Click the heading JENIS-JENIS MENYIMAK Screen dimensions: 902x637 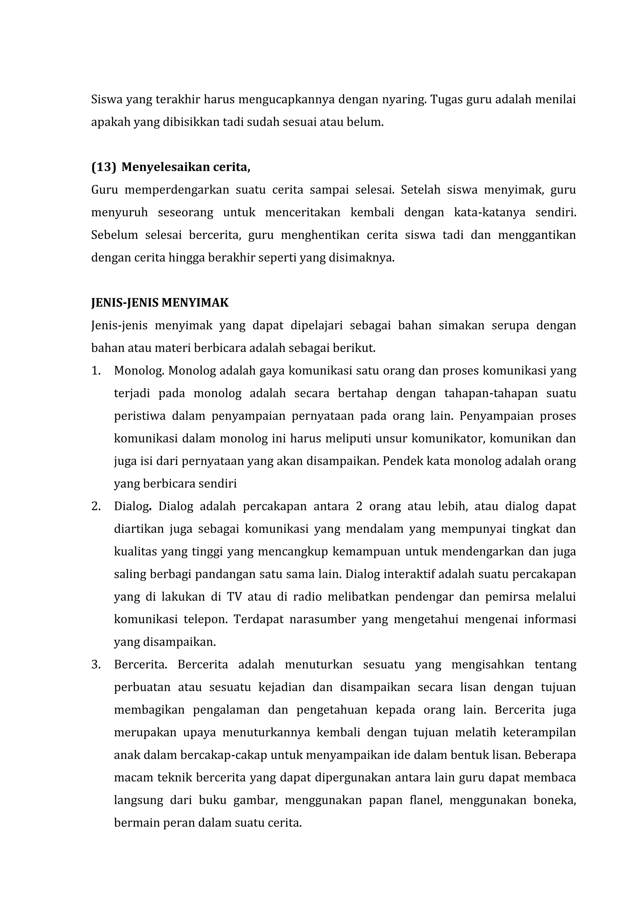[160, 303]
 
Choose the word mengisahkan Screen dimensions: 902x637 [487, 665]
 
